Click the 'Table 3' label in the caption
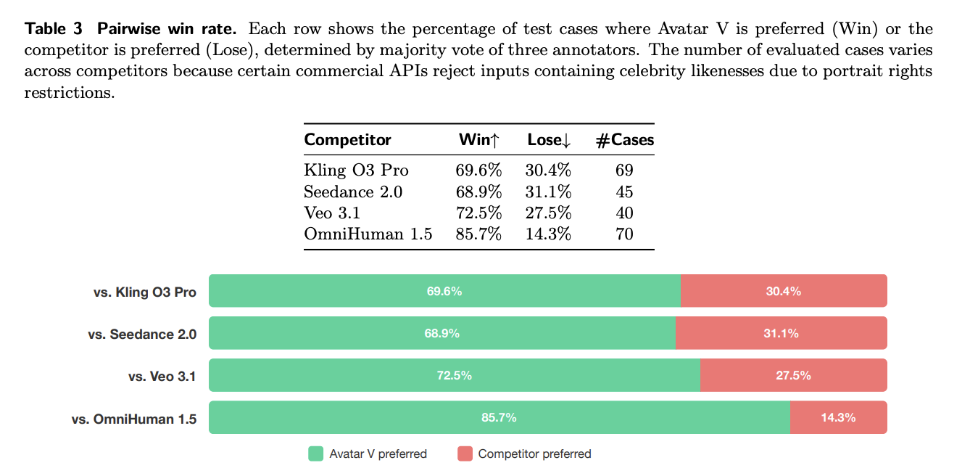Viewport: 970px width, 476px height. tap(54, 30)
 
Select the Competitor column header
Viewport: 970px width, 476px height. tap(347, 140)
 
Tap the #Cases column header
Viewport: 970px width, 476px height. tap(624, 140)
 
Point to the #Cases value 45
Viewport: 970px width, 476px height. tap(624, 192)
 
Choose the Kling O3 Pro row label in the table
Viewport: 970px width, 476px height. tap(356, 171)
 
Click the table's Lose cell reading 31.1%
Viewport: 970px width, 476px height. tap(548, 192)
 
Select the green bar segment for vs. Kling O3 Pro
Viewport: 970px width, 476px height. tap(444, 291)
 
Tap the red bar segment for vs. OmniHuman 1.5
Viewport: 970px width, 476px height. tap(838, 417)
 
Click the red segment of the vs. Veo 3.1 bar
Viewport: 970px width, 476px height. tap(793, 375)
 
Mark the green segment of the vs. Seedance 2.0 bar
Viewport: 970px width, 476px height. tap(442, 333)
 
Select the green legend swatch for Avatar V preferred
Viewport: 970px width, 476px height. tap(315, 454)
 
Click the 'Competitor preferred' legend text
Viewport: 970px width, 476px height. tap(534, 454)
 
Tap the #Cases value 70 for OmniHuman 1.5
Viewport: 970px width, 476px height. tap(624, 234)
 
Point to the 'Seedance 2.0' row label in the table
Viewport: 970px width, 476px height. tap(353, 192)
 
